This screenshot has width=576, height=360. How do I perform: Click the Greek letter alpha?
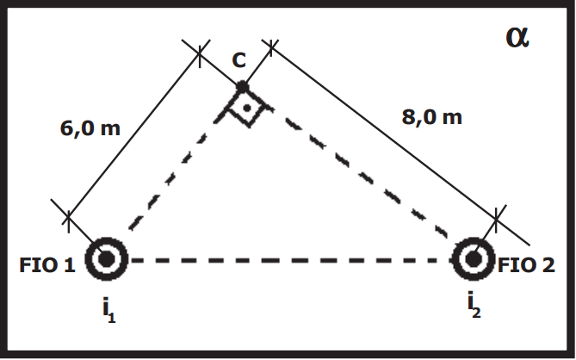pyautogui.click(x=517, y=38)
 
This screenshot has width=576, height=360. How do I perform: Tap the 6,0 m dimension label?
pyautogui.click(x=90, y=128)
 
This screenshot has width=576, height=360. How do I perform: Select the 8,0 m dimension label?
pyautogui.click(x=431, y=117)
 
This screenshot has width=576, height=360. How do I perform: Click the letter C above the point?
pyautogui.click(x=239, y=60)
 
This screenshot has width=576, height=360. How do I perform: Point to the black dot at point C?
pyautogui.click(x=242, y=88)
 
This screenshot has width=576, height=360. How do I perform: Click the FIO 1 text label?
pyautogui.click(x=47, y=265)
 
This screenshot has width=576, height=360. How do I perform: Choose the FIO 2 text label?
pyautogui.click(x=526, y=265)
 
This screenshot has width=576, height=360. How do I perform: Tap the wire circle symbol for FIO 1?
pyautogui.click(x=106, y=259)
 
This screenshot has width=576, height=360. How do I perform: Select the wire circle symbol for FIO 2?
pyautogui.click(x=474, y=259)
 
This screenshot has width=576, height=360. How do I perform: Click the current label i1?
pyautogui.click(x=109, y=310)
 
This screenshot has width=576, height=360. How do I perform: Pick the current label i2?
pyautogui.click(x=474, y=304)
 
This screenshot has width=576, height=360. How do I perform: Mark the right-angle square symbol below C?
pyautogui.click(x=247, y=108)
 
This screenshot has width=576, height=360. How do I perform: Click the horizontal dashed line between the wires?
pyautogui.click(x=290, y=260)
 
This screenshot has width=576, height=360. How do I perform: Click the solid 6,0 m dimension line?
pyautogui.click(x=133, y=135)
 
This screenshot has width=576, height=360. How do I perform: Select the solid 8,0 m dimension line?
pyautogui.click(x=383, y=133)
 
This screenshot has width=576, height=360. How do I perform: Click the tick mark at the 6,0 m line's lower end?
pyautogui.click(x=68, y=218)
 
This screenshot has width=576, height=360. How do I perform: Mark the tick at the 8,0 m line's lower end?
pyautogui.click(x=496, y=220)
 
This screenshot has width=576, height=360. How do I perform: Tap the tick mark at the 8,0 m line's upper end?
pyautogui.click(x=271, y=47)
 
